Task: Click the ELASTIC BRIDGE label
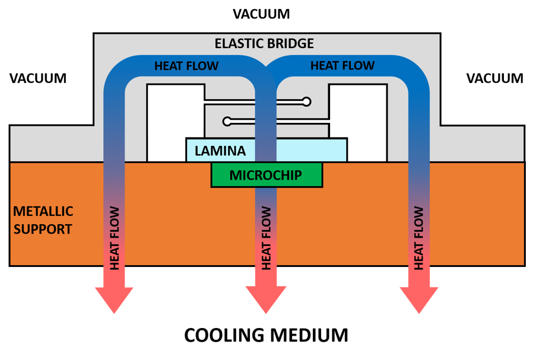[264, 44]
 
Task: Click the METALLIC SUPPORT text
[43, 220]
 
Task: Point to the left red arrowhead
[114, 298]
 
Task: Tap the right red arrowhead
[419, 298]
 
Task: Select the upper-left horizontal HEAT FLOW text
[186, 66]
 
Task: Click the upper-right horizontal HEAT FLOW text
[342, 65]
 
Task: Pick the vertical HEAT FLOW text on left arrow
[115, 238]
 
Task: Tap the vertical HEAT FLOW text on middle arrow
[266, 238]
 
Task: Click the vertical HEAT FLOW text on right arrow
[419, 238]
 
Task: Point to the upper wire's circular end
[306, 102]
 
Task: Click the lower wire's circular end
[227, 122]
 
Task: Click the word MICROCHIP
[265, 176]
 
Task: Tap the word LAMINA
[220, 151]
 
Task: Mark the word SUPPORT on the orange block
[43, 229]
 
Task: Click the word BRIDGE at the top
[291, 44]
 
